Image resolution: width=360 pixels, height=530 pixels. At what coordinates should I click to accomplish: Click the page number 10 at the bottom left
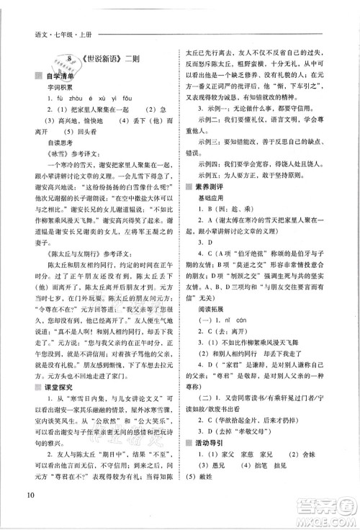(x=29, y=513)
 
